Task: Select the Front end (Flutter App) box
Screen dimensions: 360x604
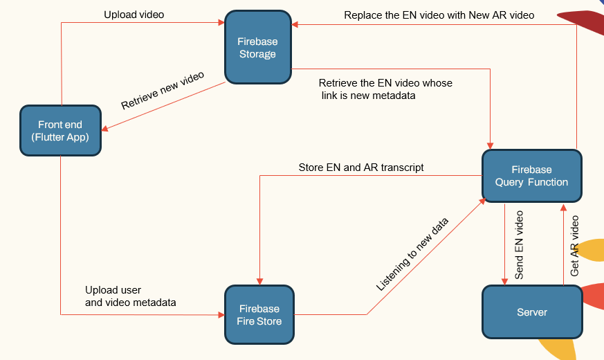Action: [60, 130]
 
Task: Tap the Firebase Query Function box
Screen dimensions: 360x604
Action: [531, 176]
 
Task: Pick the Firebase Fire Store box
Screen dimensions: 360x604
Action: [259, 314]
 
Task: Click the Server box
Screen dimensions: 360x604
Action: [531, 312]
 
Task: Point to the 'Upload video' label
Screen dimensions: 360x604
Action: [134, 15]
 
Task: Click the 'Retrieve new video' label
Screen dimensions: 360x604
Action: [163, 91]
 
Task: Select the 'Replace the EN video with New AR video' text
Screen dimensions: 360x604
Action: [439, 15]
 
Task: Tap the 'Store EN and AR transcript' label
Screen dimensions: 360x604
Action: [361, 168]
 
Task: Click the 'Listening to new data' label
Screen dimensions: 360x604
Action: [412, 253]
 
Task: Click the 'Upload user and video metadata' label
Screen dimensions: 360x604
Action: [130, 296]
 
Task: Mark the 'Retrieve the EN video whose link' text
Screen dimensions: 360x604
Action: [385, 83]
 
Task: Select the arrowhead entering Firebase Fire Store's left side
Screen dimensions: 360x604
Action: [222, 314]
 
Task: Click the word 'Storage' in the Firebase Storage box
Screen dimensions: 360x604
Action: [257, 55]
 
